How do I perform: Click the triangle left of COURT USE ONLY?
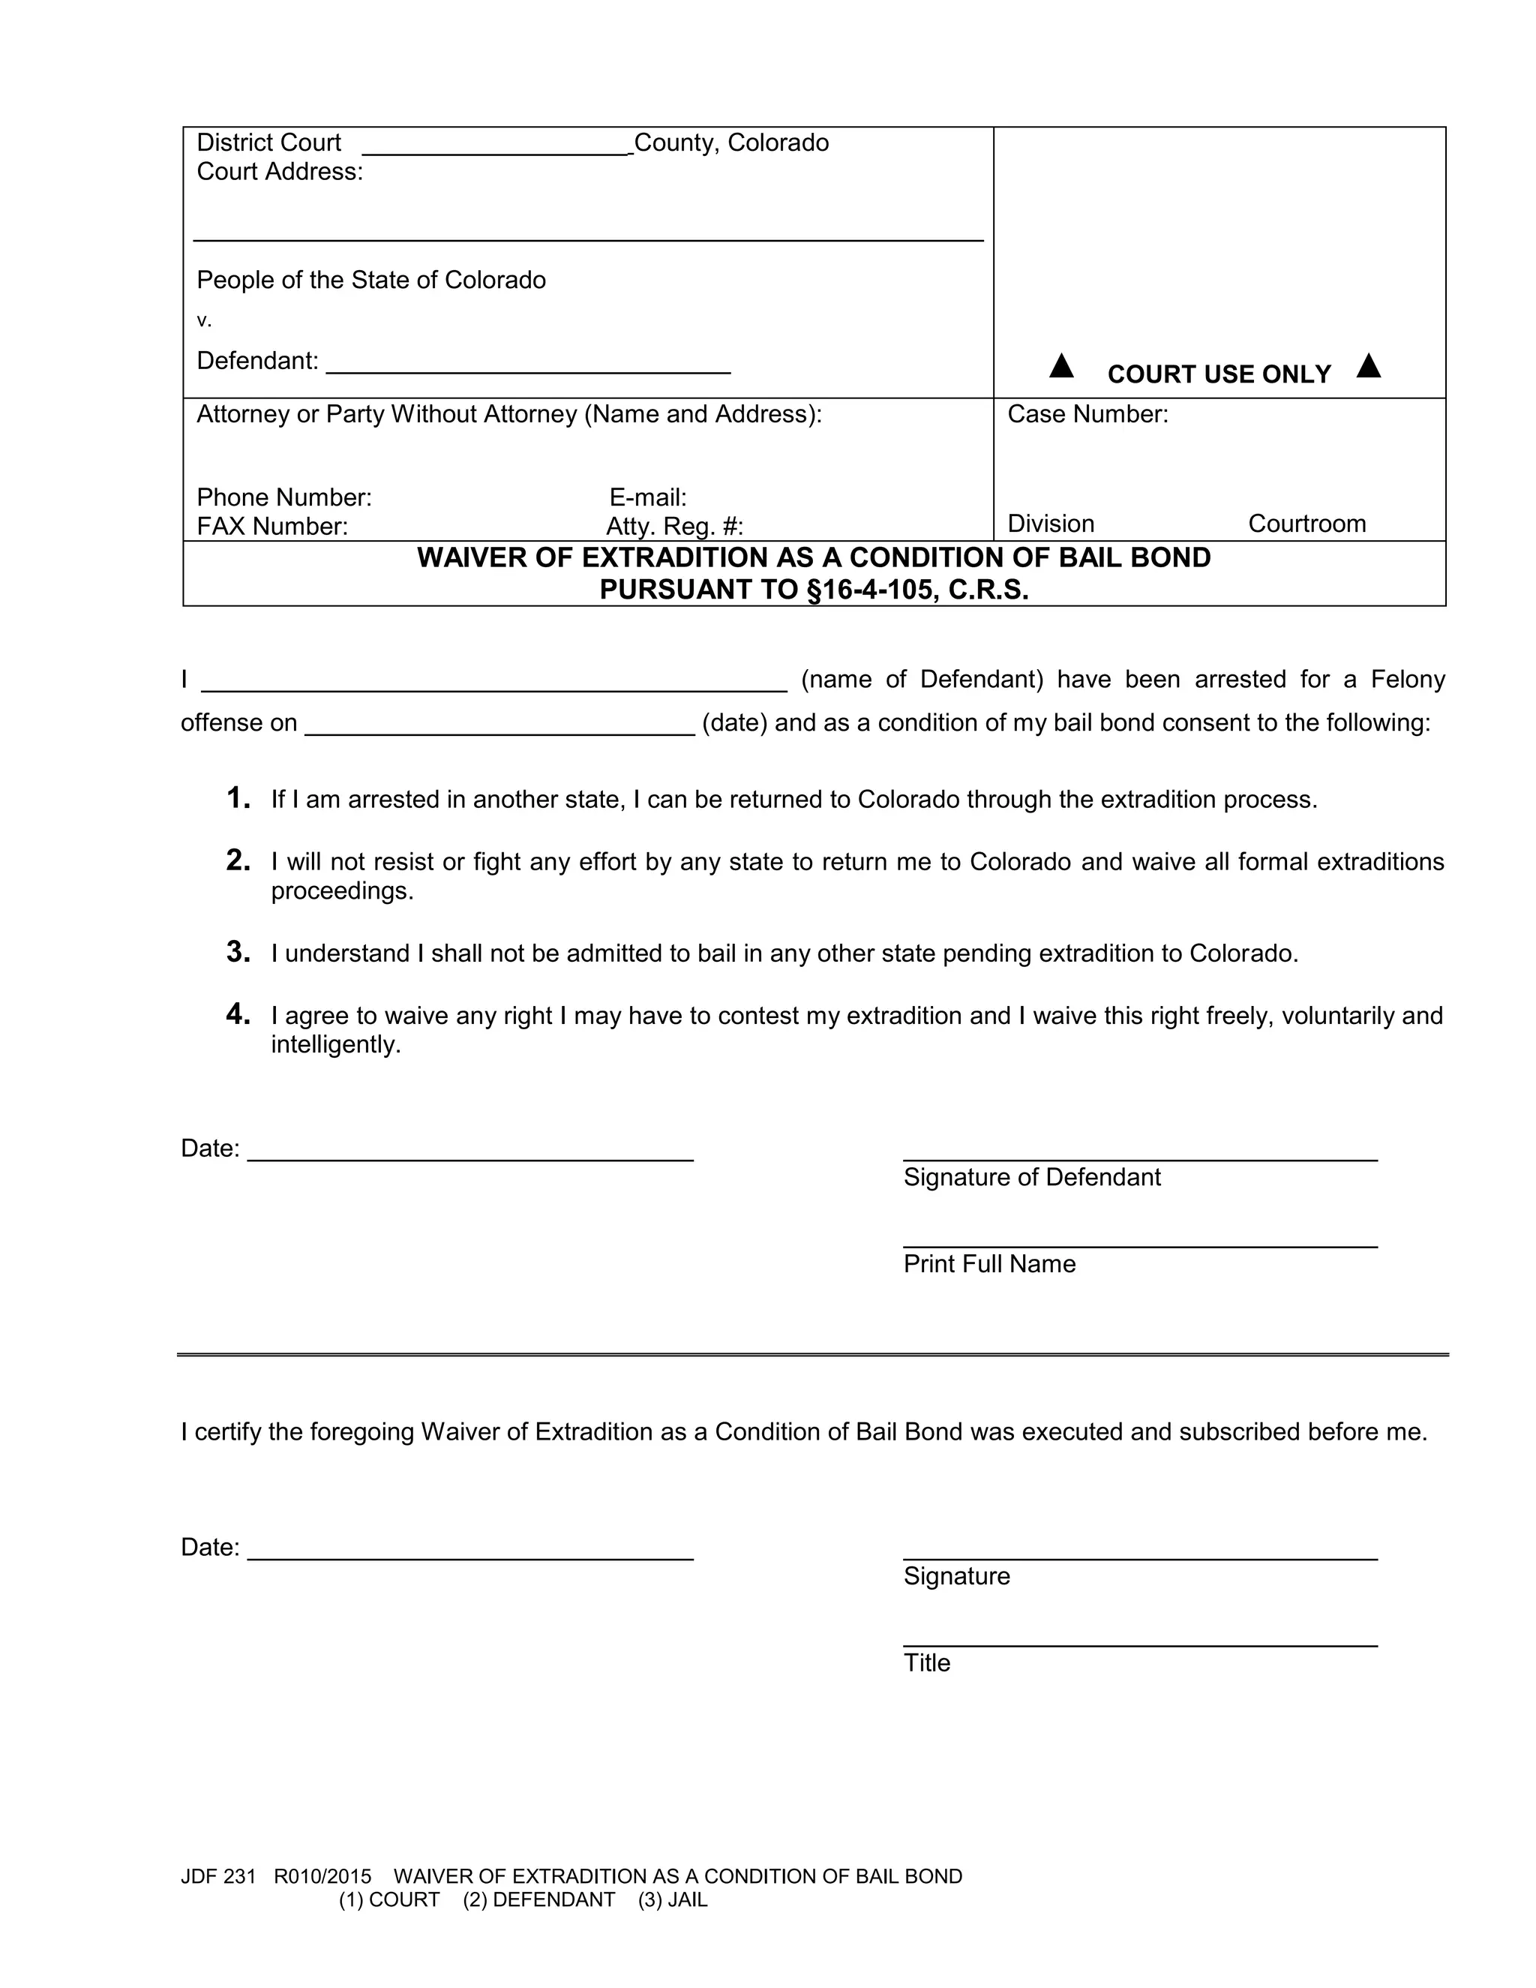coord(1061,367)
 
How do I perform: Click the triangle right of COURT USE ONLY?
coord(1368,367)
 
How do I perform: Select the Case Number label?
coord(1087,415)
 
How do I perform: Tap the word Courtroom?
coord(1306,524)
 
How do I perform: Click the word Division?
coord(1051,524)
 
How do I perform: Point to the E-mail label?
coord(648,498)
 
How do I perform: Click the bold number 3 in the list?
coord(238,952)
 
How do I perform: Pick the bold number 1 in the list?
coord(238,798)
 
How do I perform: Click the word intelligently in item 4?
coord(336,1045)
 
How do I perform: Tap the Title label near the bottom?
coord(926,1663)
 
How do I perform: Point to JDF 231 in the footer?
coord(218,1876)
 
